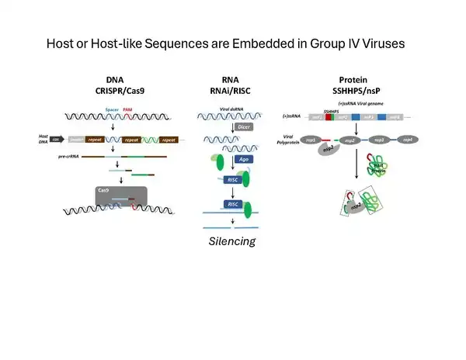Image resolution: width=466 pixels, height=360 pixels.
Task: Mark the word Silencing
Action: coord(232,242)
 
